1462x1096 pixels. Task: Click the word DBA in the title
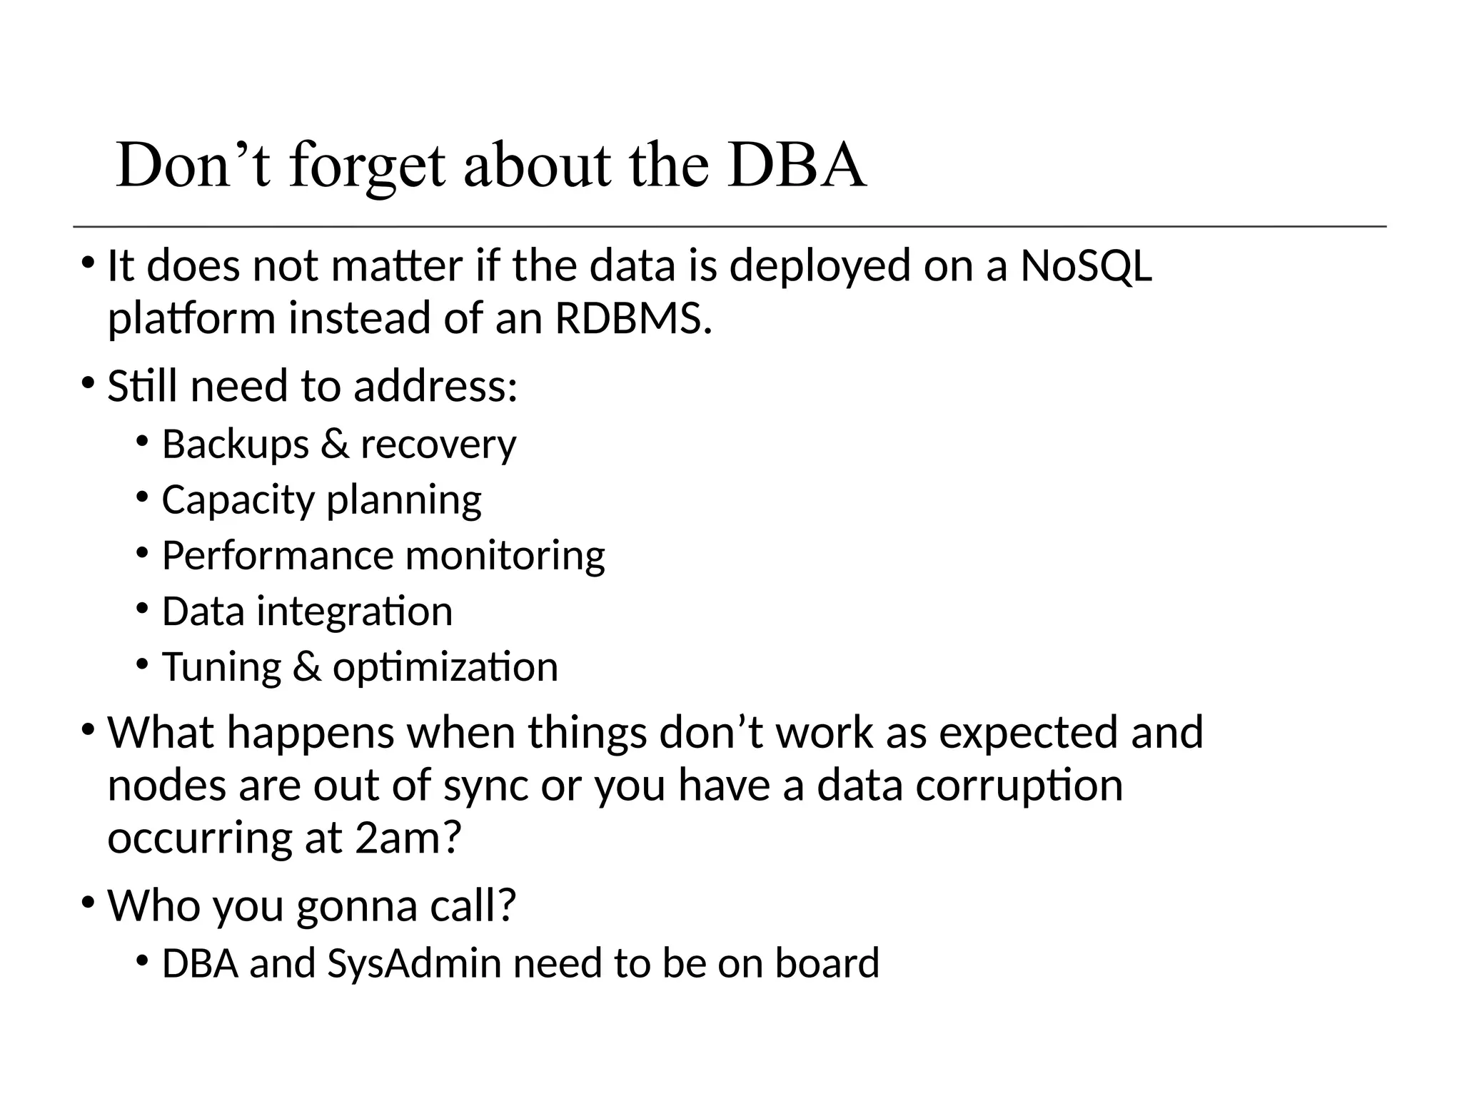[x=797, y=166]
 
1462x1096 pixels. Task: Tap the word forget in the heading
[x=367, y=167]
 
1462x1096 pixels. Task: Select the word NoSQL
[x=1086, y=265]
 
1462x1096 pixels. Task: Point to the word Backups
[x=235, y=445]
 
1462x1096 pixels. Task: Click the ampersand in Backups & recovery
[x=334, y=445]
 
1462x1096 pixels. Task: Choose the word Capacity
[x=238, y=500]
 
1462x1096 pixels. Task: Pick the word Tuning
[x=221, y=668]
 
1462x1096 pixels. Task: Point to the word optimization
[x=445, y=668]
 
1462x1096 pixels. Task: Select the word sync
[x=485, y=786]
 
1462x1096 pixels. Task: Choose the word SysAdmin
[x=414, y=963]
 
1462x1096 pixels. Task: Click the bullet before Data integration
[x=142, y=609]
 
